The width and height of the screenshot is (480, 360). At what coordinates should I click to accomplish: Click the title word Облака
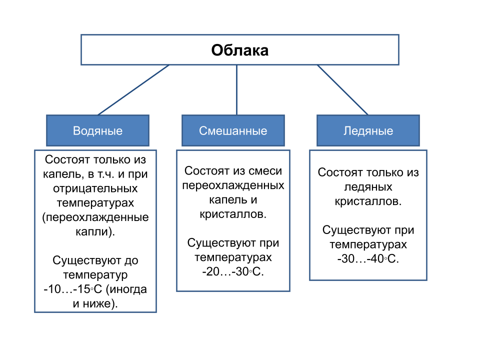(239, 50)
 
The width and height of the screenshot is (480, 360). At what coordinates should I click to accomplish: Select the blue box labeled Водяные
(97, 131)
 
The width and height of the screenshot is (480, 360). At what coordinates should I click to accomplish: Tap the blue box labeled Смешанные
(233, 131)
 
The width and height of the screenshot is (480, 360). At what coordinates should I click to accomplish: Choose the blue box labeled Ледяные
(368, 131)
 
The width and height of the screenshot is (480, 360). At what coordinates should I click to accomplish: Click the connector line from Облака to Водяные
(133, 90)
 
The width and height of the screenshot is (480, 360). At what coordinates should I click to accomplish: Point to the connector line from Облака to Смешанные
(236, 90)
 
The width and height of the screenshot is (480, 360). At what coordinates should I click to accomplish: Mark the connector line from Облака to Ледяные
(342, 90)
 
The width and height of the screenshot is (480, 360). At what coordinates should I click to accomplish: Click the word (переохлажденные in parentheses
(95, 218)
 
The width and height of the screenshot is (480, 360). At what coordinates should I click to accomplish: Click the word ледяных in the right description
(368, 187)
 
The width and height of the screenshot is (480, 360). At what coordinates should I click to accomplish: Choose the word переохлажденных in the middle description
(233, 185)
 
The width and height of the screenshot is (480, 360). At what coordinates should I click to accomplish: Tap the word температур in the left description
(95, 275)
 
